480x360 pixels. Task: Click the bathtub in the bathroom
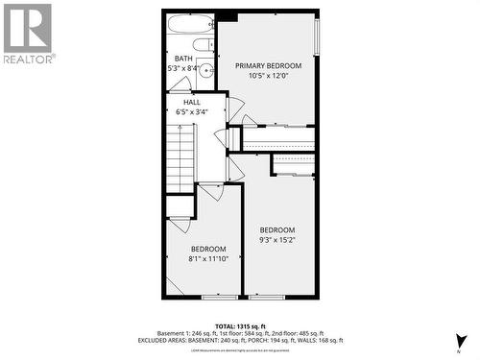tap(190, 24)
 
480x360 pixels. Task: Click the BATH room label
tap(182, 59)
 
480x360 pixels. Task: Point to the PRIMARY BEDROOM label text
tap(268, 65)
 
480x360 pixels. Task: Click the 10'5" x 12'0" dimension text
tap(268, 76)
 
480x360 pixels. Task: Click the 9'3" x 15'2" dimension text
tap(277, 240)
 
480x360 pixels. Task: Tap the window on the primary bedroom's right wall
tap(317, 38)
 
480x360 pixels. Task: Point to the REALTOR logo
tap(28, 33)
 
